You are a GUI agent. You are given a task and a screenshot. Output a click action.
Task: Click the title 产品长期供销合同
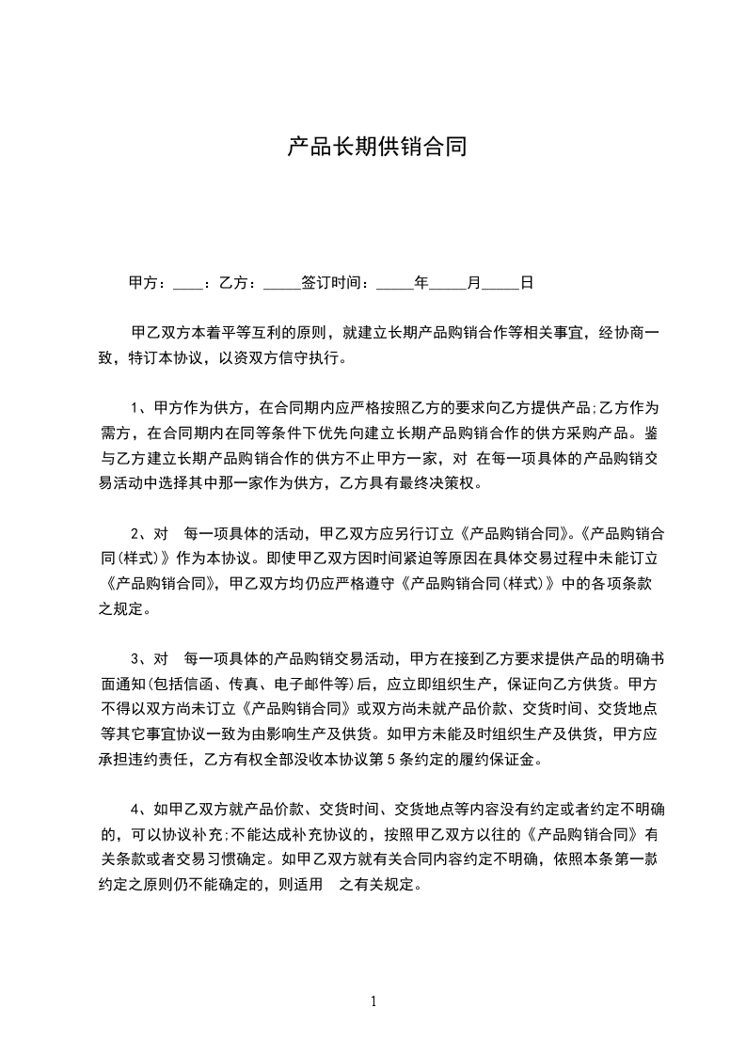[x=376, y=148]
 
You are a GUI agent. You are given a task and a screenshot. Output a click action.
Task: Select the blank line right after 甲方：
[x=186, y=283]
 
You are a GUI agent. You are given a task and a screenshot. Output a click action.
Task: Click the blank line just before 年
[x=394, y=283]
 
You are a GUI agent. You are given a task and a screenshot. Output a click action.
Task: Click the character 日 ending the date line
[x=527, y=281]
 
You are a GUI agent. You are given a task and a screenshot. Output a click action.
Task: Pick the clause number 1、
[x=139, y=408]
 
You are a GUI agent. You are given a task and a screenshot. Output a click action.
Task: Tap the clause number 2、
[x=139, y=532]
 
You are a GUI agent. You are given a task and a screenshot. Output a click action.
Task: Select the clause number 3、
[x=139, y=657]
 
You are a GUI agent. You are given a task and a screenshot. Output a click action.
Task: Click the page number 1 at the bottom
[x=373, y=1001]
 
